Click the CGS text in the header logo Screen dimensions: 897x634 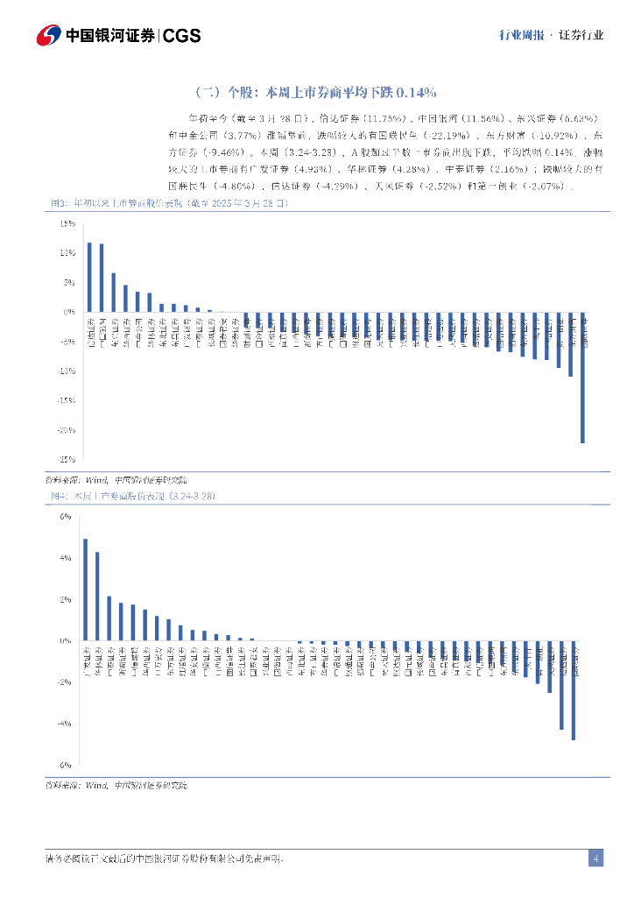coord(182,36)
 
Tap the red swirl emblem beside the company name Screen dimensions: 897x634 coord(49,36)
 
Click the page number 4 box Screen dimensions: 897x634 coord(595,858)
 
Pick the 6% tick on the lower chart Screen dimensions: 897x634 coord(66,516)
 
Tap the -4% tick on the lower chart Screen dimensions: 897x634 coord(65,724)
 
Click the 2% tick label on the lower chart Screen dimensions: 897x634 coord(66,599)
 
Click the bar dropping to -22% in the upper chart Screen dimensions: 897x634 coord(582,377)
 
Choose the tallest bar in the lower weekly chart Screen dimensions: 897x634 coord(85,590)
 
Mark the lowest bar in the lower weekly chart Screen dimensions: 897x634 coord(574,690)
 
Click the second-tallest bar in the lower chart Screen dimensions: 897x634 coord(97,597)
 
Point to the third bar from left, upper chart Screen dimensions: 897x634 coord(113,292)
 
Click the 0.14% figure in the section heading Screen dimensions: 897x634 coord(417,92)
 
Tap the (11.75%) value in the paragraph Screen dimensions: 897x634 coord(384,117)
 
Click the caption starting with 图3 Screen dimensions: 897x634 coord(167,203)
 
